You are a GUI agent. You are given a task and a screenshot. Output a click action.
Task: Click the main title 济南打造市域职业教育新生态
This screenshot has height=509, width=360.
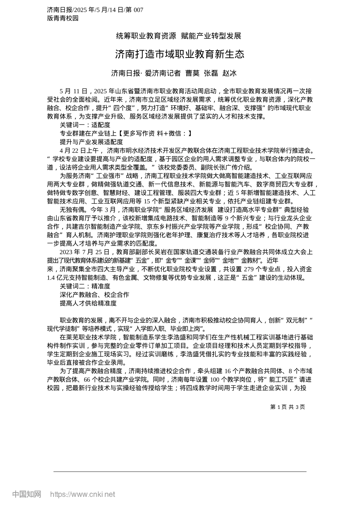(x=180, y=55)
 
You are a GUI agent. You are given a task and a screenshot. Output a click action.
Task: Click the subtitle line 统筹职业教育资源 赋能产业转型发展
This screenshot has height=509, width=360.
(x=178, y=36)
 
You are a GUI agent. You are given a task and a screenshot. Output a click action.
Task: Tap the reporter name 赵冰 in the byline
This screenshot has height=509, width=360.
(x=229, y=73)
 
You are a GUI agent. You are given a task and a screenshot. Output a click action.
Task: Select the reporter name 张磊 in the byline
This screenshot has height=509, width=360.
(x=211, y=73)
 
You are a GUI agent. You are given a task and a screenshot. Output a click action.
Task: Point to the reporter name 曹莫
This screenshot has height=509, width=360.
(x=192, y=73)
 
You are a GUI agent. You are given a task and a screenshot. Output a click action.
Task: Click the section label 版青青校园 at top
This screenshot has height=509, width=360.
(x=63, y=18)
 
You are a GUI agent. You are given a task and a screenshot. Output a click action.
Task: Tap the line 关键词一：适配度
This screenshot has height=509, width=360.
(x=85, y=125)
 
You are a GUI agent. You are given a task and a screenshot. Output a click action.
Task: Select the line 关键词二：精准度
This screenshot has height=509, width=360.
(x=85, y=286)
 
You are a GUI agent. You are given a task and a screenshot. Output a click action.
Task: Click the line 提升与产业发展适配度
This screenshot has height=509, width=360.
(x=91, y=142)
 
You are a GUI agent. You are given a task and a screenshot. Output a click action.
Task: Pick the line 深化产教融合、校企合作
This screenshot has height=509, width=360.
(x=94, y=295)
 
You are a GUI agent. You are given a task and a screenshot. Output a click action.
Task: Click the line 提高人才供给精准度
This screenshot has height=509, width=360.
(x=88, y=303)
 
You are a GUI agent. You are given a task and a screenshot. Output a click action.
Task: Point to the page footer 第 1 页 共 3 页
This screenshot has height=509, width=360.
(x=288, y=407)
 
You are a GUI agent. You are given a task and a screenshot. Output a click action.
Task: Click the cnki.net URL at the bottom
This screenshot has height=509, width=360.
(x=83, y=494)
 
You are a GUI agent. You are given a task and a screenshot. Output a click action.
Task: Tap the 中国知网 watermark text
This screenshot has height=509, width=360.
(x=27, y=494)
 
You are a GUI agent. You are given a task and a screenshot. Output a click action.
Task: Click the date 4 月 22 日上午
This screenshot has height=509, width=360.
(x=79, y=150)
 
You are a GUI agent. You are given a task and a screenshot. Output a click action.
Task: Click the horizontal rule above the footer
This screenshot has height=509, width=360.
(x=180, y=472)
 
